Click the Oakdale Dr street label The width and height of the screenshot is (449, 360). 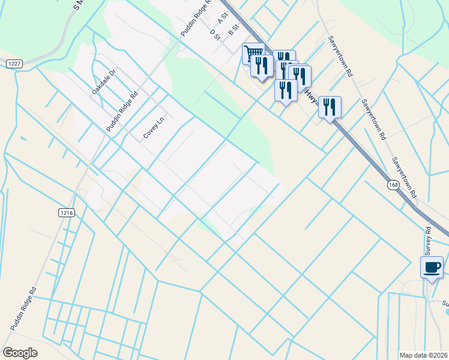104,82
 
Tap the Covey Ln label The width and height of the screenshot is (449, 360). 154,128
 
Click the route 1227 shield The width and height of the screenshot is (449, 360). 14,63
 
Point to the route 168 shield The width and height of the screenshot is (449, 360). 393,185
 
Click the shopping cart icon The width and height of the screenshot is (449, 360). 253,53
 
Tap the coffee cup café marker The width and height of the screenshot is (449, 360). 432,267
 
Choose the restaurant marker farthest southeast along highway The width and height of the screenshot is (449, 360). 330,107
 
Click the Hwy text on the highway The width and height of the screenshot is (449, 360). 310,97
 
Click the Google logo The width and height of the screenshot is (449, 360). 20,352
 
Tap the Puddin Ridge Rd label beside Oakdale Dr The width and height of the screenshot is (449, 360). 122,112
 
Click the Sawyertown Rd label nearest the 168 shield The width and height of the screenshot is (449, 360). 404,178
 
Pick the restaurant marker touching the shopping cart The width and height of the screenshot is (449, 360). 262,65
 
